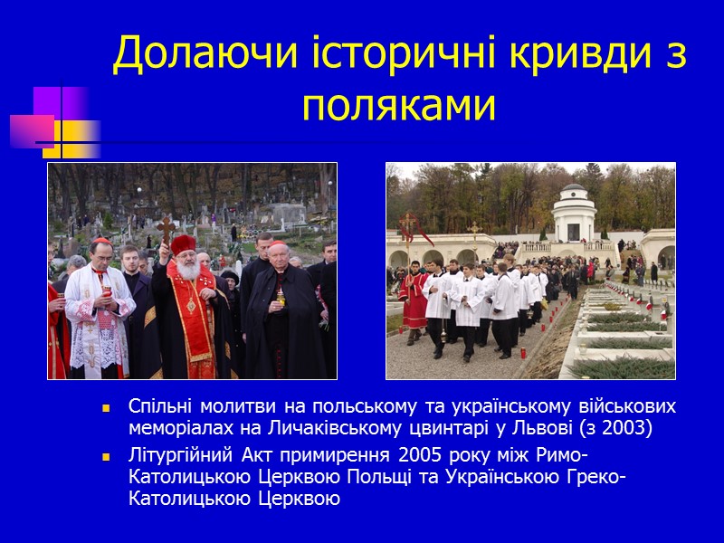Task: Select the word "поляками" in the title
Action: [x=399, y=106]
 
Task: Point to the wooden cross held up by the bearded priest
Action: [x=166, y=229]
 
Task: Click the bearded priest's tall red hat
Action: [x=183, y=243]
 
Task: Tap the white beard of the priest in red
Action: [x=187, y=270]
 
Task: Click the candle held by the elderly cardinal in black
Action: [x=281, y=295]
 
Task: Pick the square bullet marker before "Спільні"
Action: [x=107, y=407]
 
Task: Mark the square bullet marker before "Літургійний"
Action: [x=107, y=455]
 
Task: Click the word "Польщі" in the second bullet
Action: [x=388, y=477]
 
